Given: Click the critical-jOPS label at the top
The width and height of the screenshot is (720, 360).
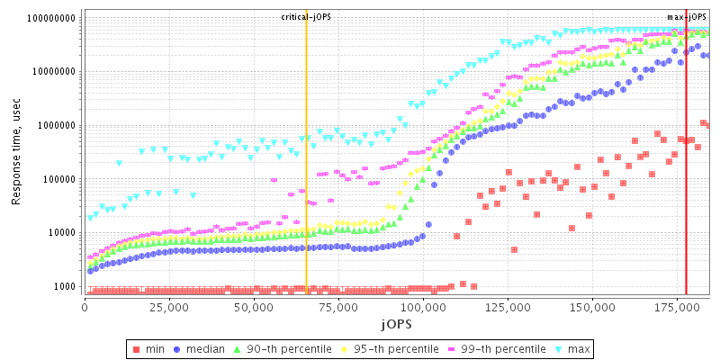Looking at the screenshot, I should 306,17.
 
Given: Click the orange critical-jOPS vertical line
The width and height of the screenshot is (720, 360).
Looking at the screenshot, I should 306,180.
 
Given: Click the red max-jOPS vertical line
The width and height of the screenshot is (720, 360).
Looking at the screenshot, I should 686,180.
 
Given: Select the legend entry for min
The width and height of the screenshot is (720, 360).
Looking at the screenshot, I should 154,348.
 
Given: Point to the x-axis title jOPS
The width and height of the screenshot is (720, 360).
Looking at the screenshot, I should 397,322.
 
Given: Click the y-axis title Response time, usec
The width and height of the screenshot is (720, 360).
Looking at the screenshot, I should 16,153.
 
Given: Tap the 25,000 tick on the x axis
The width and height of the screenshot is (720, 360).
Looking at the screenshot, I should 169,307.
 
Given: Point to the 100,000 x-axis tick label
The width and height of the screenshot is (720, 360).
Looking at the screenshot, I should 424,307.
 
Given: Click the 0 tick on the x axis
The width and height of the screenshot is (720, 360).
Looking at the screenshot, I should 85,307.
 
